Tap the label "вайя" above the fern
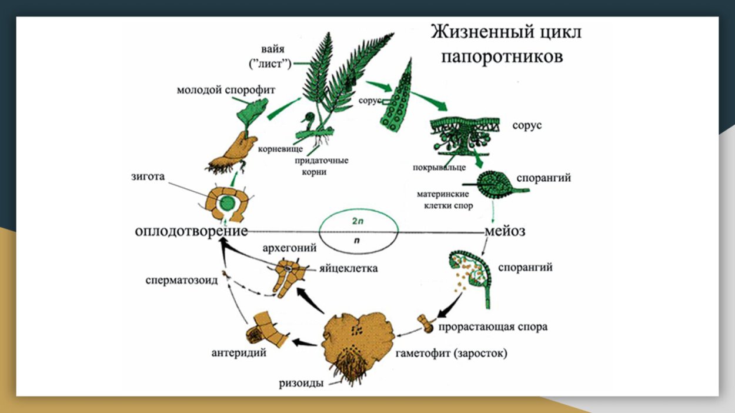(x=273, y=48)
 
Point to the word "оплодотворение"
(x=191, y=231)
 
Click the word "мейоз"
(x=504, y=231)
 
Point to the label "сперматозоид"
(x=182, y=280)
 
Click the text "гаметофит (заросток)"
(x=451, y=354)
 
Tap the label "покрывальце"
(x=440, y=169)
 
